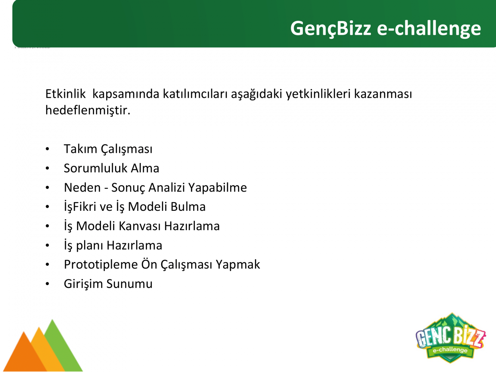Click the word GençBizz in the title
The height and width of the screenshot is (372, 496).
[x=331, y=29]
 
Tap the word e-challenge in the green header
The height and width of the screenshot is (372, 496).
[x=429, y=28]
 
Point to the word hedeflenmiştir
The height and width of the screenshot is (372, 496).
[x=88, y=110]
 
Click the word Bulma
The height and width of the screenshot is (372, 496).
[x=188, y=207]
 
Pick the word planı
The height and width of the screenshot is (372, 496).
[x=90, y=246]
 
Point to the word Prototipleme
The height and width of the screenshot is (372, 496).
[x=101, y=265]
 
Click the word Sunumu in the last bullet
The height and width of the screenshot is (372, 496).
[x=129, y=284]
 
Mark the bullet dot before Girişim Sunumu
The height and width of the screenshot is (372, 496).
[x=47, y=284]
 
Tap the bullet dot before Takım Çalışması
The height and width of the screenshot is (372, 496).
[x=47, y=149]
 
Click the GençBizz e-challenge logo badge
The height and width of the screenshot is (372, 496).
[x=451, y=338]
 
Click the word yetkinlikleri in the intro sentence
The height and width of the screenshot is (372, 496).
[x=318, y=94]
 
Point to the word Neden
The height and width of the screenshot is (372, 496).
[x=82, y=187]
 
